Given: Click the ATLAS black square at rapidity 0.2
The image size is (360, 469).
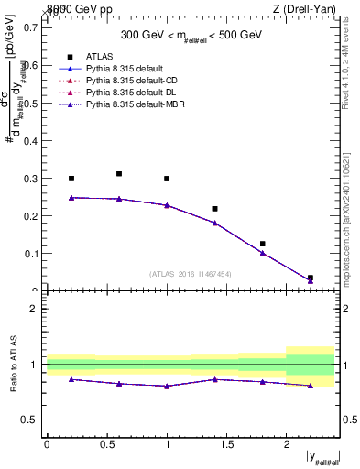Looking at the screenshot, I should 71,179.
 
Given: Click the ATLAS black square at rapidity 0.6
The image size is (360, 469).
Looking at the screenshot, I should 119,173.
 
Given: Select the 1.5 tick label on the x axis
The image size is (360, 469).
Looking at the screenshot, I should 226,443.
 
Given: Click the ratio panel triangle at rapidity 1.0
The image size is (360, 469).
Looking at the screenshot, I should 167,386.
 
